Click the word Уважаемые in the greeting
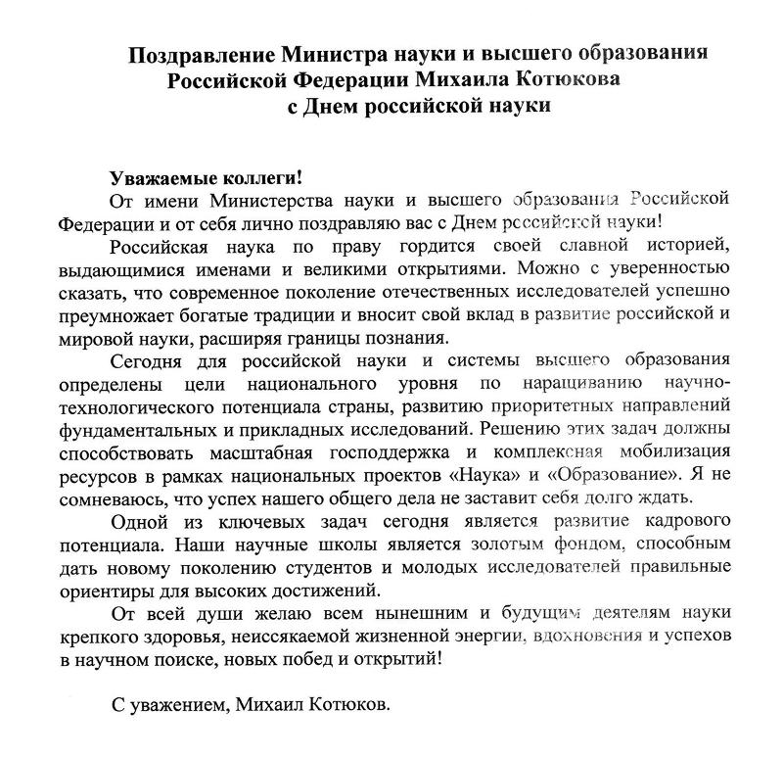tap(156, 180)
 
